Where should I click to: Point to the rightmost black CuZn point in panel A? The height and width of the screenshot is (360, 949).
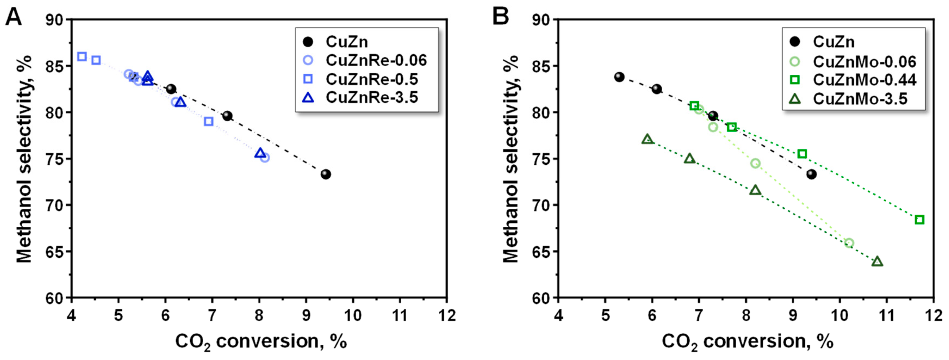[326, 174]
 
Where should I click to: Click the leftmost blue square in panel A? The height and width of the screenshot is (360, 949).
[82, 57]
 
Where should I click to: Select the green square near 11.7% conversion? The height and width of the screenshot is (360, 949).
[920, 220]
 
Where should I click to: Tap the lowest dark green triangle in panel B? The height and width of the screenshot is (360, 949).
[877, 262]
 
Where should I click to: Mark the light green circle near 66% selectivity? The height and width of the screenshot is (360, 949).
[849, 243]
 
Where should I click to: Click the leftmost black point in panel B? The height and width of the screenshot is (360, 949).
[619, 77]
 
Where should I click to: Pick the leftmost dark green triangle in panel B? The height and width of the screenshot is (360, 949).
[647, 139]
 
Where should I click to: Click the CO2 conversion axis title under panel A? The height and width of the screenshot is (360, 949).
[261, 341]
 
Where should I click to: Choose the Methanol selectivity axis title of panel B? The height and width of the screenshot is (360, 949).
[511, 159]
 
